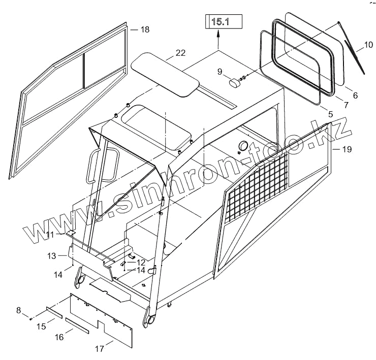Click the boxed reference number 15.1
pos(220,22)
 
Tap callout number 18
pos(145,30)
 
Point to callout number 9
pos(220,72)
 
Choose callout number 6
pos(355,95)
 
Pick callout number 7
pos(346,105)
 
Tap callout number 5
pos(331,115)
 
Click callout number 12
pos(141,263)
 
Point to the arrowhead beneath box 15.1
pos(218,34)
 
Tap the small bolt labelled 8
pos(32,318)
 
